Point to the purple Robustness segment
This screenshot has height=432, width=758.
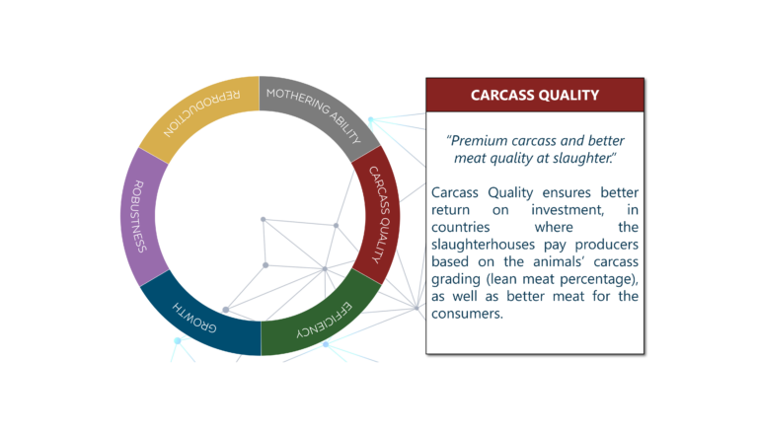click(x=139, y=216)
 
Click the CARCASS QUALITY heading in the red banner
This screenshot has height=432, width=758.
click(x=535, y=96)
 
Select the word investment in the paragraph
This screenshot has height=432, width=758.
click(x=568, y=210)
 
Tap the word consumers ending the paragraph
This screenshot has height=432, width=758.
click(x=467, y=314)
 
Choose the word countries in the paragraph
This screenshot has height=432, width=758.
click(x=460, y=227)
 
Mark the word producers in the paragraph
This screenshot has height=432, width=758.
click(x=606, y=245)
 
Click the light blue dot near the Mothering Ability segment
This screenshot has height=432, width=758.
click(x=371, y=119)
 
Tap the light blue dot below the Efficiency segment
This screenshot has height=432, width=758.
click(x=326, y=344)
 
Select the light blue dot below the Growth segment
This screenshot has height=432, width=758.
click(x=178, y=340)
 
